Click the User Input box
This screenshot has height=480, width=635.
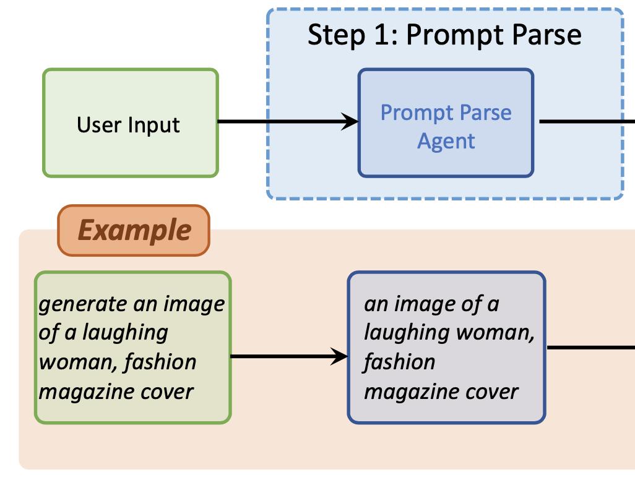pos(130,123)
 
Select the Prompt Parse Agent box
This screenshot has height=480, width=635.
pos(446,123)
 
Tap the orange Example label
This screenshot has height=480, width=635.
pos(134,230)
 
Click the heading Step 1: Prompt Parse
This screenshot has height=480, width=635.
pos(444,35)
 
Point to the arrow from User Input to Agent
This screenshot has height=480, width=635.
pos(285,121)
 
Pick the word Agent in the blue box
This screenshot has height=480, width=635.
pos(446,140)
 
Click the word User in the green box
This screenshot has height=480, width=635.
pos(99,125)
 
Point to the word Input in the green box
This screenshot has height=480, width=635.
pos(155,126)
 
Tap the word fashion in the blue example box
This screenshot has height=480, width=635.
pos(399,362)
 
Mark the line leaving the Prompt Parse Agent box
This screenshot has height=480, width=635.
pos(585,121)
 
